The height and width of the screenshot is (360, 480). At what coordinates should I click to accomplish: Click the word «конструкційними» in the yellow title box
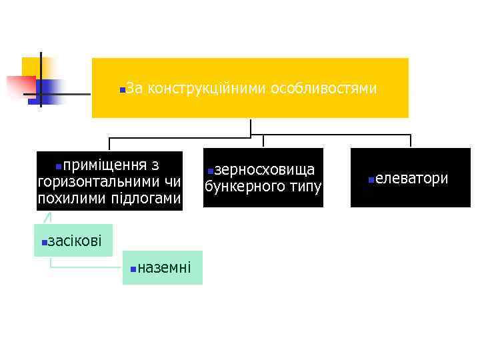coord(206,89)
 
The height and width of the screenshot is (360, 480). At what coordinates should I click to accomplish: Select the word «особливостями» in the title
coord(324,89)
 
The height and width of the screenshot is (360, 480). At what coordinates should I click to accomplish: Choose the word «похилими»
coord(67,199)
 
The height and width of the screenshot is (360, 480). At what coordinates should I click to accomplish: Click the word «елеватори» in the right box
coord(411,179)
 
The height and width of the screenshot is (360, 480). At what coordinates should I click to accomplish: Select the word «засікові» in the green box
coord(75,241)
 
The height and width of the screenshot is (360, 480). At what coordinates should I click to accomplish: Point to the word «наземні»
coord(164,268)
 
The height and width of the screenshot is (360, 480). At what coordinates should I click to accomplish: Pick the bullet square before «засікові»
coord(43,242)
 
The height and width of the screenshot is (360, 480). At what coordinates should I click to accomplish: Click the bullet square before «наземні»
coord(133,269)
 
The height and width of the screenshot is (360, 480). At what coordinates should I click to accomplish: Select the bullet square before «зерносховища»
coord(209,172)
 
